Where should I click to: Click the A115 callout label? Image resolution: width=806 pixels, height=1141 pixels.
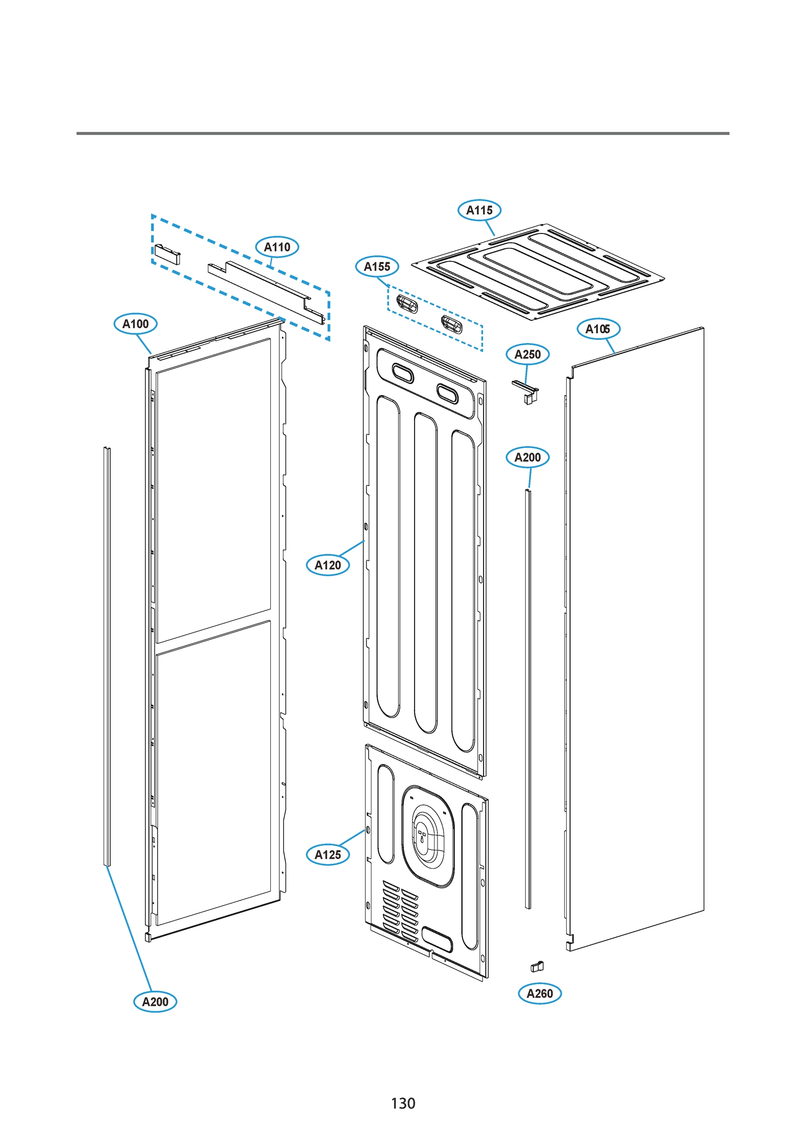coord(479,210)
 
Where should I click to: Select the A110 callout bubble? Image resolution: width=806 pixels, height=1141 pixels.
coord(277,247)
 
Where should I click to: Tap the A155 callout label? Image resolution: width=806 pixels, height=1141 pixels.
coord(377,267)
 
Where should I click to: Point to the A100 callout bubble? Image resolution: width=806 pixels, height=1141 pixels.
coord(135,324)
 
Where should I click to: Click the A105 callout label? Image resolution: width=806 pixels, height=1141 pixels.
coord(598,329)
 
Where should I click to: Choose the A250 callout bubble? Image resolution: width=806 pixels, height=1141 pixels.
coord(527,354)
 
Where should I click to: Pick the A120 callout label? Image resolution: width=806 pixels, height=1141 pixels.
coord(328,565)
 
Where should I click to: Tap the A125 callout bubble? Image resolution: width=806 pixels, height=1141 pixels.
coord(328,855)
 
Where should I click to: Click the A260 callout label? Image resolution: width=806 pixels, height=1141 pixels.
coord(540,994)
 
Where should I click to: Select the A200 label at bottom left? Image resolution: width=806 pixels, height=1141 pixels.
coord(155,1002)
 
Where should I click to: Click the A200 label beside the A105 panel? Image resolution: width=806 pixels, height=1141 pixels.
coord(527,457)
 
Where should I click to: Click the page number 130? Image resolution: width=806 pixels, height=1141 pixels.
coord(403,1103)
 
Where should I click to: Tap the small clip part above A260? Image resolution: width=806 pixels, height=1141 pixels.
coord(537,967)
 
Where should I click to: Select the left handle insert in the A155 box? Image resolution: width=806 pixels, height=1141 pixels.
coord(407,303)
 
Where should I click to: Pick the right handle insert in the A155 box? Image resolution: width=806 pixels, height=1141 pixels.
coord(451,324)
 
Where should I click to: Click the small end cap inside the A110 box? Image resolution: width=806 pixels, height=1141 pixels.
coord(167,253)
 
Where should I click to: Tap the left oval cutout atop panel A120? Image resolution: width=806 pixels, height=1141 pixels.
coord(402,373)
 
